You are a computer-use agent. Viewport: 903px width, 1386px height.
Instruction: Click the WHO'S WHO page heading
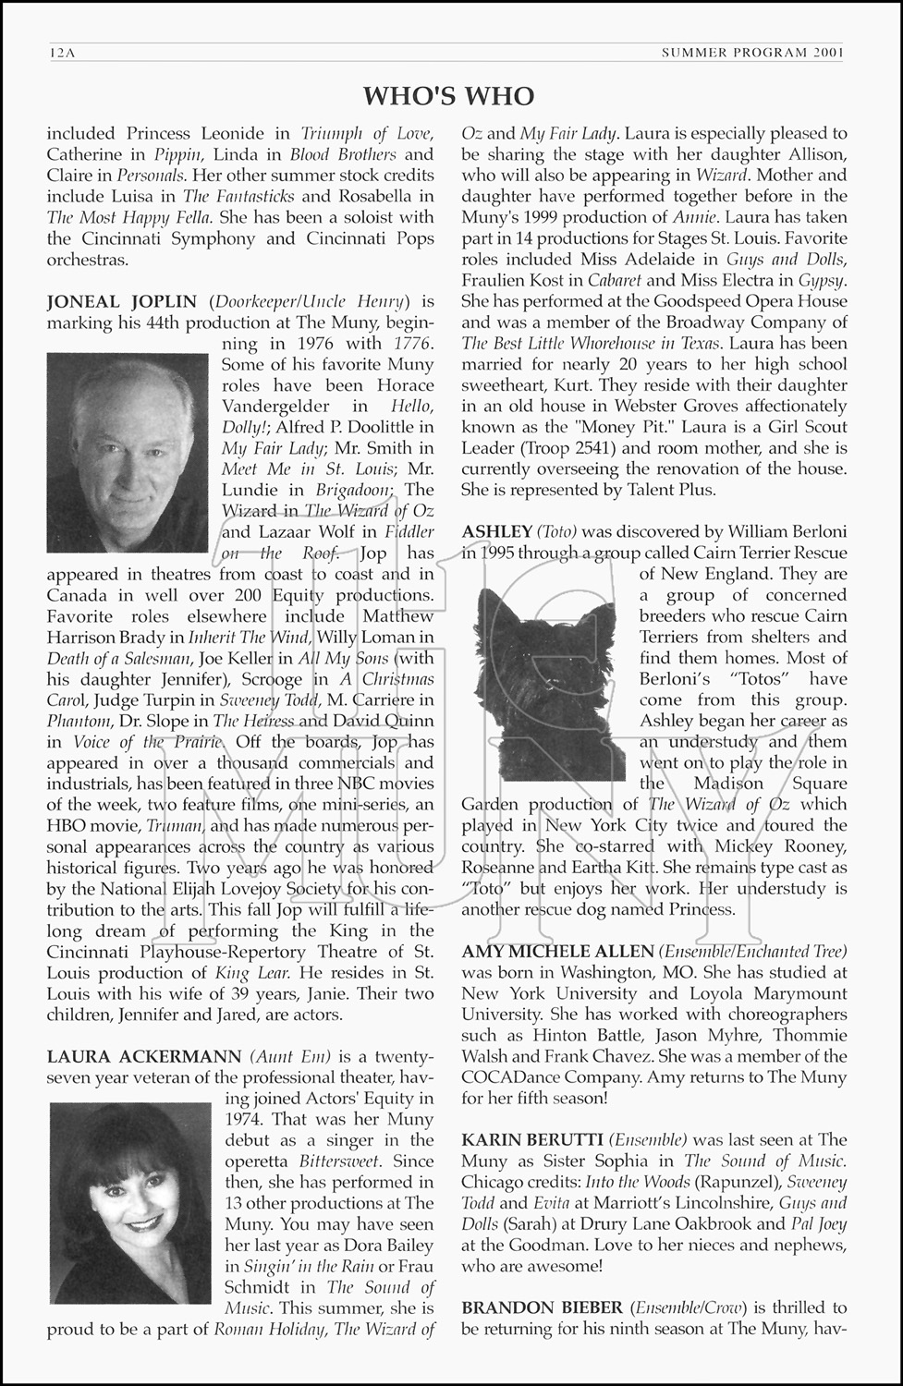[x=448, y=96]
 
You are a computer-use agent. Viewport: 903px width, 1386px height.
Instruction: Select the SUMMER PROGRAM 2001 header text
[x=752, y=53]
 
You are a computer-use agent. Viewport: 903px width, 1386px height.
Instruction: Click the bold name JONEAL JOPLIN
[x=122, y=301]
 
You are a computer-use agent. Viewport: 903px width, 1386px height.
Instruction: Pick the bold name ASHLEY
[x=496, y=531]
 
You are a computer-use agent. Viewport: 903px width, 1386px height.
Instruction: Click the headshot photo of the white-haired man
[x=128, y=453]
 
